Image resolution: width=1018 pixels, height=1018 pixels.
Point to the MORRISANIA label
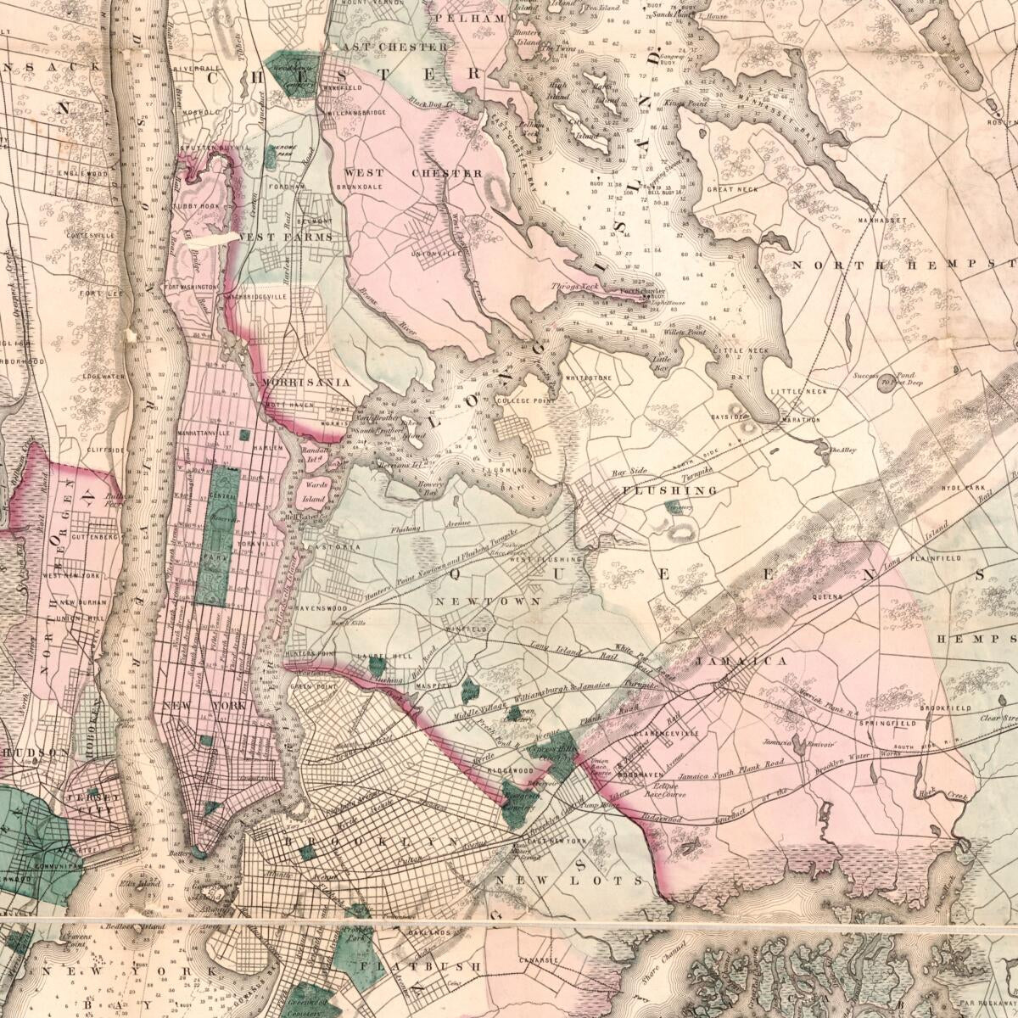pos(306,383)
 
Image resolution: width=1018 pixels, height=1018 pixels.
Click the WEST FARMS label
pos(286,237)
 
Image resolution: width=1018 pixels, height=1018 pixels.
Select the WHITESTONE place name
pos(587,378)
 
